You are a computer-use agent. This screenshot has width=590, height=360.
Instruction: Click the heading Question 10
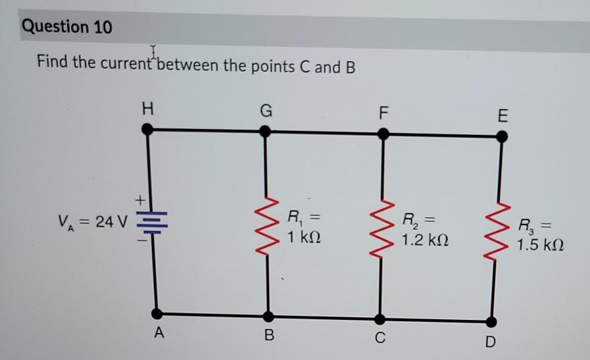[67, 28]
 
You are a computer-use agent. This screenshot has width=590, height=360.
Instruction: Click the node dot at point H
[149, 130]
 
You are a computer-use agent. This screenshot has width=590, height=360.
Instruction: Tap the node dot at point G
[265, 131]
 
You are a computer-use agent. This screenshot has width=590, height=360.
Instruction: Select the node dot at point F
[383, 134]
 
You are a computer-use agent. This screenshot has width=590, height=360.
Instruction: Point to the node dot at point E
[501, 136]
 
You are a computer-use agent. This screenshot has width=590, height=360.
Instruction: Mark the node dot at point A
[156, 313]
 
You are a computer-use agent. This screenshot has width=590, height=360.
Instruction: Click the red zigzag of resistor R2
[381, 227]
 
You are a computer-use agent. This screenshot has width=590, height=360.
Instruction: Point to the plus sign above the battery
[139, 198]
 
